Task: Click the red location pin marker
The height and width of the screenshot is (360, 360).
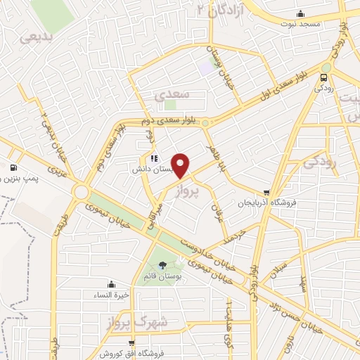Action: click(x=181, y=165)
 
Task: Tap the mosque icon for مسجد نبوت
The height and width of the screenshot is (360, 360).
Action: click(x=301, y=13)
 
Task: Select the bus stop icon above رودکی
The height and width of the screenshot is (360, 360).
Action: click(x=324, y=77)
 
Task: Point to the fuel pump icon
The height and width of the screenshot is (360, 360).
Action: click(x=13, y=167)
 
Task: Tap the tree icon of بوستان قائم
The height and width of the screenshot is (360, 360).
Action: click(x=163, y=265)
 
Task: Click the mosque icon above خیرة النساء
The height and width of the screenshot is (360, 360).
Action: click(x=112, y=285)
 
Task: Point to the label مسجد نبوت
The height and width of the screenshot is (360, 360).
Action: click(x=301, y=25)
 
